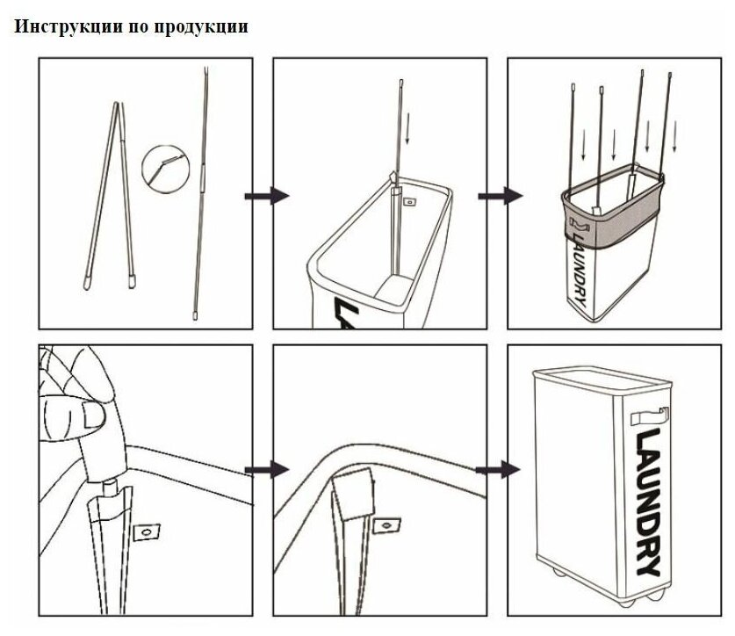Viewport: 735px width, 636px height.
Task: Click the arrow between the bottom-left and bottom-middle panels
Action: click(267, 470)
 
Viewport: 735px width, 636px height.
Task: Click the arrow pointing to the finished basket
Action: click(499, 470)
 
